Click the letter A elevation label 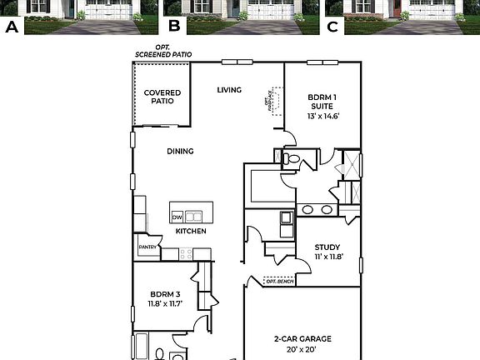(12, 27)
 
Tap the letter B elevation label (174, 27)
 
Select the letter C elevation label (333, 27)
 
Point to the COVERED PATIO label (158, 97)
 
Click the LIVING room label (229, 90)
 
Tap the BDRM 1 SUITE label (323, 101)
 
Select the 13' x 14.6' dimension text (323, 117)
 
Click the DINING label (180, 151)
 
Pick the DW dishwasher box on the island (177, 217)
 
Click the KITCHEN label (191, 231)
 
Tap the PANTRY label (147, 247)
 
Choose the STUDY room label (326, 247)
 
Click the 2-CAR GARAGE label (302, 338)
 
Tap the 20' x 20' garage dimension (302, 350)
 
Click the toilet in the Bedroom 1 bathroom (291, 157)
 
